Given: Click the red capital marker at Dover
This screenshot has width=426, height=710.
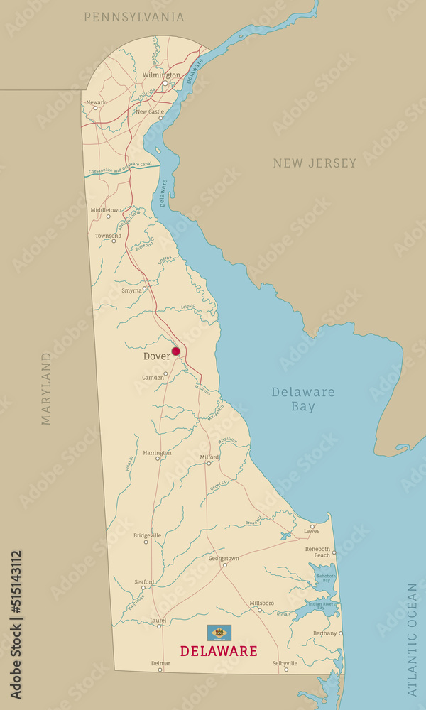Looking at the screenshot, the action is (x=175, y=351).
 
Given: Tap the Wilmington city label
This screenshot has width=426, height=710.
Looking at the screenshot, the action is (x=161, y=75).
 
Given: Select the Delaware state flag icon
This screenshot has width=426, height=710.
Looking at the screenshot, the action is (x=219, y=632).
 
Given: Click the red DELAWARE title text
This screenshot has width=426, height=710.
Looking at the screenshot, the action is (x=219, y=650).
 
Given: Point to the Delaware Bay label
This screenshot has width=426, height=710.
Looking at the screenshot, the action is (x=293, y=399).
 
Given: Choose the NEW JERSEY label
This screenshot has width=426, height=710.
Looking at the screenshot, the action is (x=315, y=163).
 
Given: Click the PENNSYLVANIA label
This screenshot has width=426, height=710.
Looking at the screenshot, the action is (x=133, y=17).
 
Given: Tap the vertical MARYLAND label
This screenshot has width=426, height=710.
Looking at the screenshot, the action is (x=46, y=388).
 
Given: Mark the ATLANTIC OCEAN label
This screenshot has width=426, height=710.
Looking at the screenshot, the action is (x=412, y=639).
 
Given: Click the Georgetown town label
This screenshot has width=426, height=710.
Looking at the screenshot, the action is (x=224, y=558).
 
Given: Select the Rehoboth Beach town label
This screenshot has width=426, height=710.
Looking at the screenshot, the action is (x=317, y=552).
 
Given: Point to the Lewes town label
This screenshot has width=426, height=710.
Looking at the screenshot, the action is (x=312, y=531).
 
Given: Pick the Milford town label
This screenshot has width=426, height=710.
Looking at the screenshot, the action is (x=209, y=457).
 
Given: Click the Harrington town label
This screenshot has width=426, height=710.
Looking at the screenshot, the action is (x=157, y=452).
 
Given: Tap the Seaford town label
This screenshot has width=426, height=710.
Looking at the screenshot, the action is (x=144, y=581).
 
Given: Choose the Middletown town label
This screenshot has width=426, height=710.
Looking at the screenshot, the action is (x=106, y=209).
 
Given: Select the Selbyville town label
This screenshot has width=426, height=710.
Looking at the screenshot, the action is (x=285, y=662).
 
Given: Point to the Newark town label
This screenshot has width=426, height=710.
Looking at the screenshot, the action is (x=96, y=102).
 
